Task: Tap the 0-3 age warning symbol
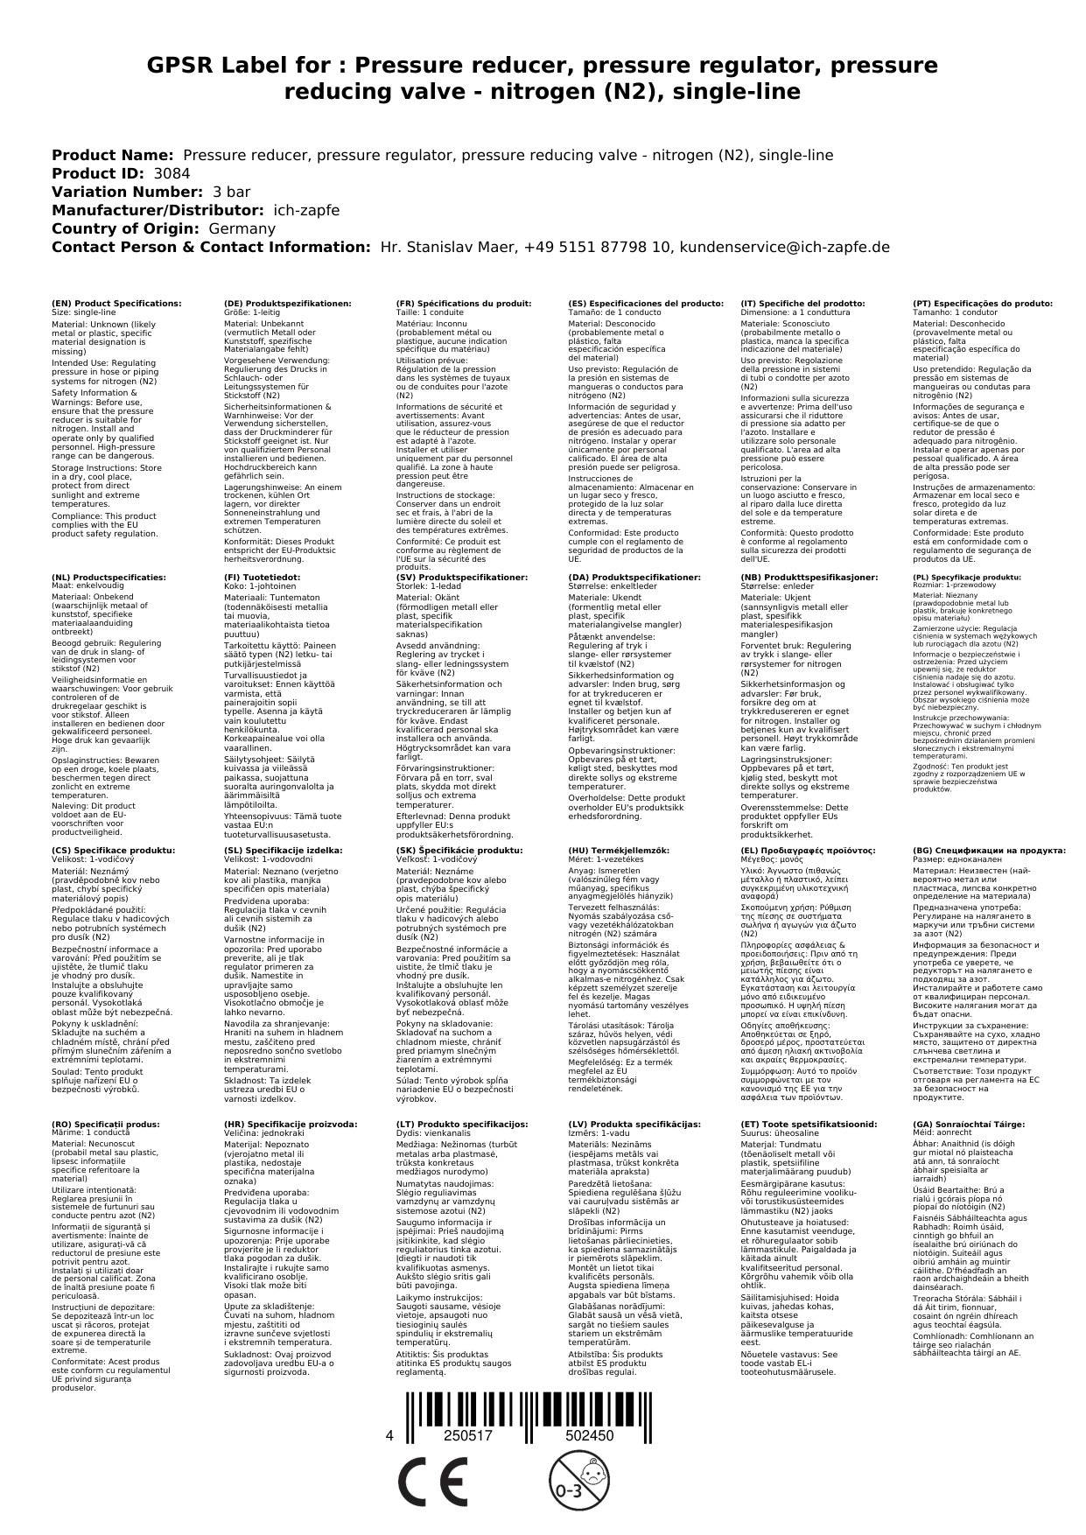[569, 1482]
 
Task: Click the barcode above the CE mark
[528, 1415]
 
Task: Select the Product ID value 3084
[172, 173]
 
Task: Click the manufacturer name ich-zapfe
[306, 210]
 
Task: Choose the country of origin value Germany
[242, 228]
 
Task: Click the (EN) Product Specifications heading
[116, 304]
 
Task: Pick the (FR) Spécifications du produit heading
[463, 304]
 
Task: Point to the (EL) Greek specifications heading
[808, 851]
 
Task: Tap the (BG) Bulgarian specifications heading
[989, 851]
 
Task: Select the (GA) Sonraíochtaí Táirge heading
[956, 1125]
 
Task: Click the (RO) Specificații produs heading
[106, 1125]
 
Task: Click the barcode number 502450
[589, 1436]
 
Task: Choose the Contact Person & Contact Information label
[211, 247]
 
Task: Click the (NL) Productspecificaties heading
[109, 578]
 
